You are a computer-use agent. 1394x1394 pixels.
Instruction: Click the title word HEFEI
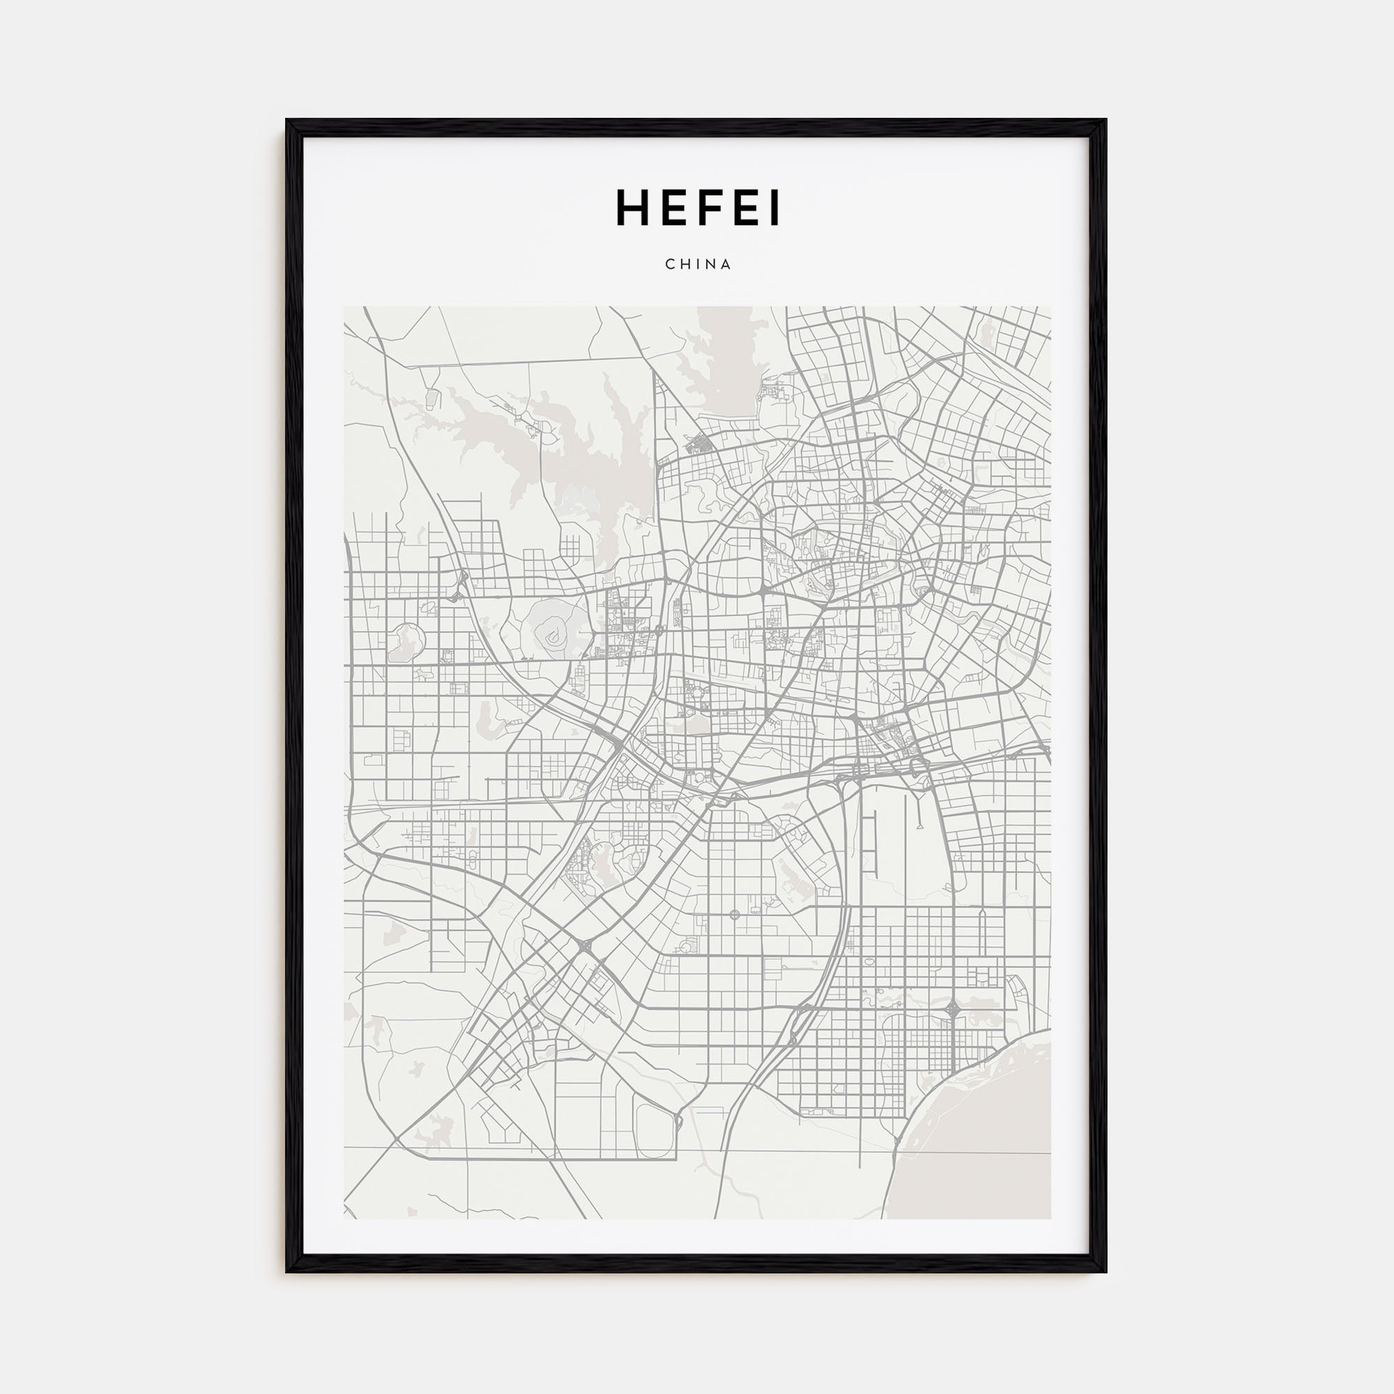pos(697,208)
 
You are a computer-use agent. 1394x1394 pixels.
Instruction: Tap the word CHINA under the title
pos(698,264)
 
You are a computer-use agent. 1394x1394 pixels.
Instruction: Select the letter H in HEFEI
pos(632,208)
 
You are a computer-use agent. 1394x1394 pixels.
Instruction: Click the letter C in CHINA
pos(670,264)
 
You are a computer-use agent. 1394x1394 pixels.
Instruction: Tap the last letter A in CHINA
pos(726,264)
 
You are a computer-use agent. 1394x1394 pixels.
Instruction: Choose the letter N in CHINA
pos(712,264)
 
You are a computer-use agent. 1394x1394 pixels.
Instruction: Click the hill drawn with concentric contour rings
pos(553,636)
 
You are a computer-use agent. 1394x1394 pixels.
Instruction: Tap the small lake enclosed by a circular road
pos(406,641)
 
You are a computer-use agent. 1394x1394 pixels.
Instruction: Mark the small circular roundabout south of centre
pos(735,915)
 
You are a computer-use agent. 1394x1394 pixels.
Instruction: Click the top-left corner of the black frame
pos(287,121)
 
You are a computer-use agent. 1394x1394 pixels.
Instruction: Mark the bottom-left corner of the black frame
pos(287,1271)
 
